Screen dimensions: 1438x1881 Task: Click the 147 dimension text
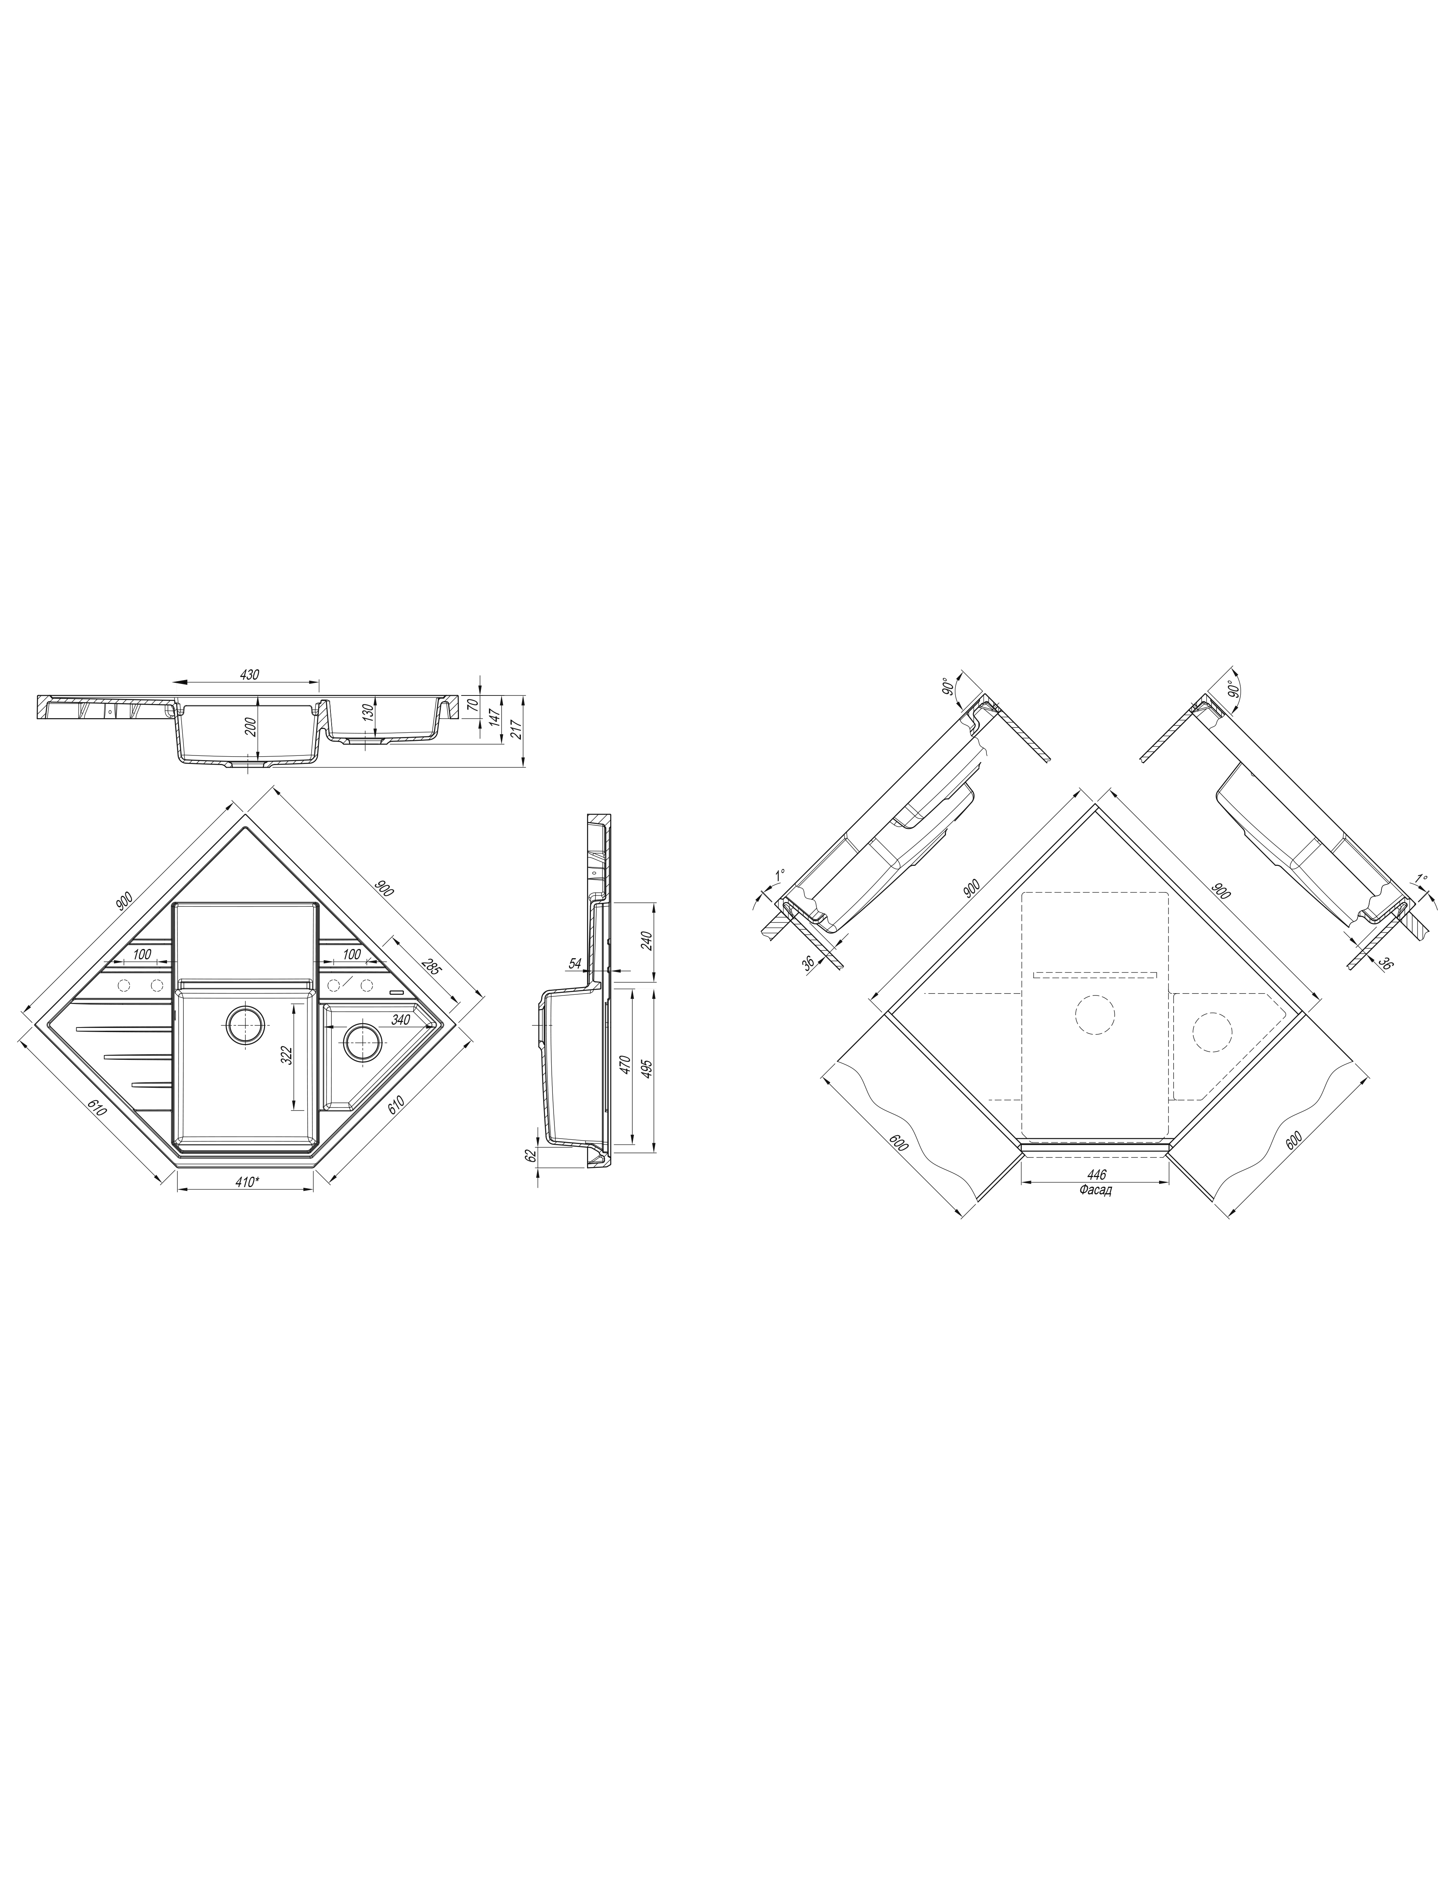[495, 717]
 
